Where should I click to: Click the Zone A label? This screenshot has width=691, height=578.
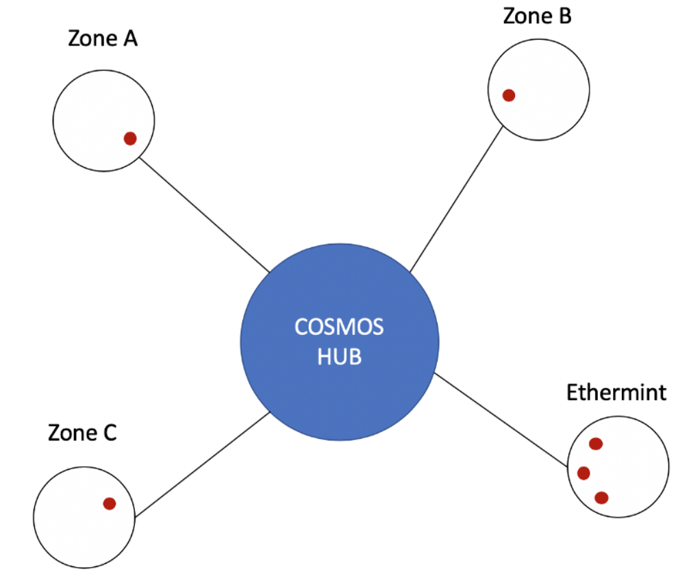[x=103, y=38]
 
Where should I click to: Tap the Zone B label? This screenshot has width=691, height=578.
[x=537, y=15]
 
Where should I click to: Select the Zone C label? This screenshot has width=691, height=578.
[x=82, y=433]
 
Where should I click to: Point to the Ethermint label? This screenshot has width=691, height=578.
[x=616, y=393]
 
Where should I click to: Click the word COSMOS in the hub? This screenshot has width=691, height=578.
[x=339, y=327]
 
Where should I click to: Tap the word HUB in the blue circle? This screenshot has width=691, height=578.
[x=339, y=357]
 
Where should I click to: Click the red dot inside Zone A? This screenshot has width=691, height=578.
[x=130, y=138]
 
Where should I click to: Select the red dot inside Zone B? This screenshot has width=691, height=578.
[x=509, y=95]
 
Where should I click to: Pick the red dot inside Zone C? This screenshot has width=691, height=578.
[x=110, y=503]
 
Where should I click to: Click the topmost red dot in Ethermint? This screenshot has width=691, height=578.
[x=596, y=444]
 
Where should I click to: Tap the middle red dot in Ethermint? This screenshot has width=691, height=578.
[x=584, y=473]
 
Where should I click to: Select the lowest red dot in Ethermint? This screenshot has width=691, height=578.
[x=601, y=498]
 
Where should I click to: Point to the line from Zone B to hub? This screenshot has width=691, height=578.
[x=456, y=199]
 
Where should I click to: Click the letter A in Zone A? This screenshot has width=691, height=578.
[x=129, y=38]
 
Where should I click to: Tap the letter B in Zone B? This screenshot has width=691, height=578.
[x=564, y=15]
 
